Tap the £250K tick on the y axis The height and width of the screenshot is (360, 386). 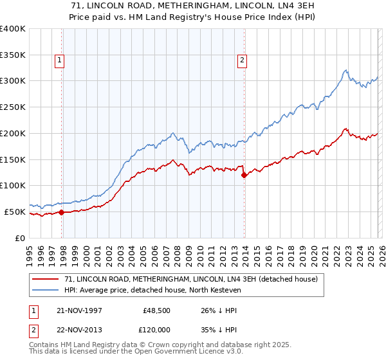click(13, 107)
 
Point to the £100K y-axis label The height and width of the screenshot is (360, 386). click(13, 185)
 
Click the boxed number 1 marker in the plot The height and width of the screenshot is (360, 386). click(59, 60)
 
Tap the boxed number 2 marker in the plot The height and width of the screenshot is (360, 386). click(242, 60)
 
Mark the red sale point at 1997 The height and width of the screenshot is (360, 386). click(62, 212)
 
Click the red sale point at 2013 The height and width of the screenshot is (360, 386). click(244, 175)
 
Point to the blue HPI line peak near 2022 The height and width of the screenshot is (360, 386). click(345, 70)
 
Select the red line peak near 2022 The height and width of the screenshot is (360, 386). click(345, 129)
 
